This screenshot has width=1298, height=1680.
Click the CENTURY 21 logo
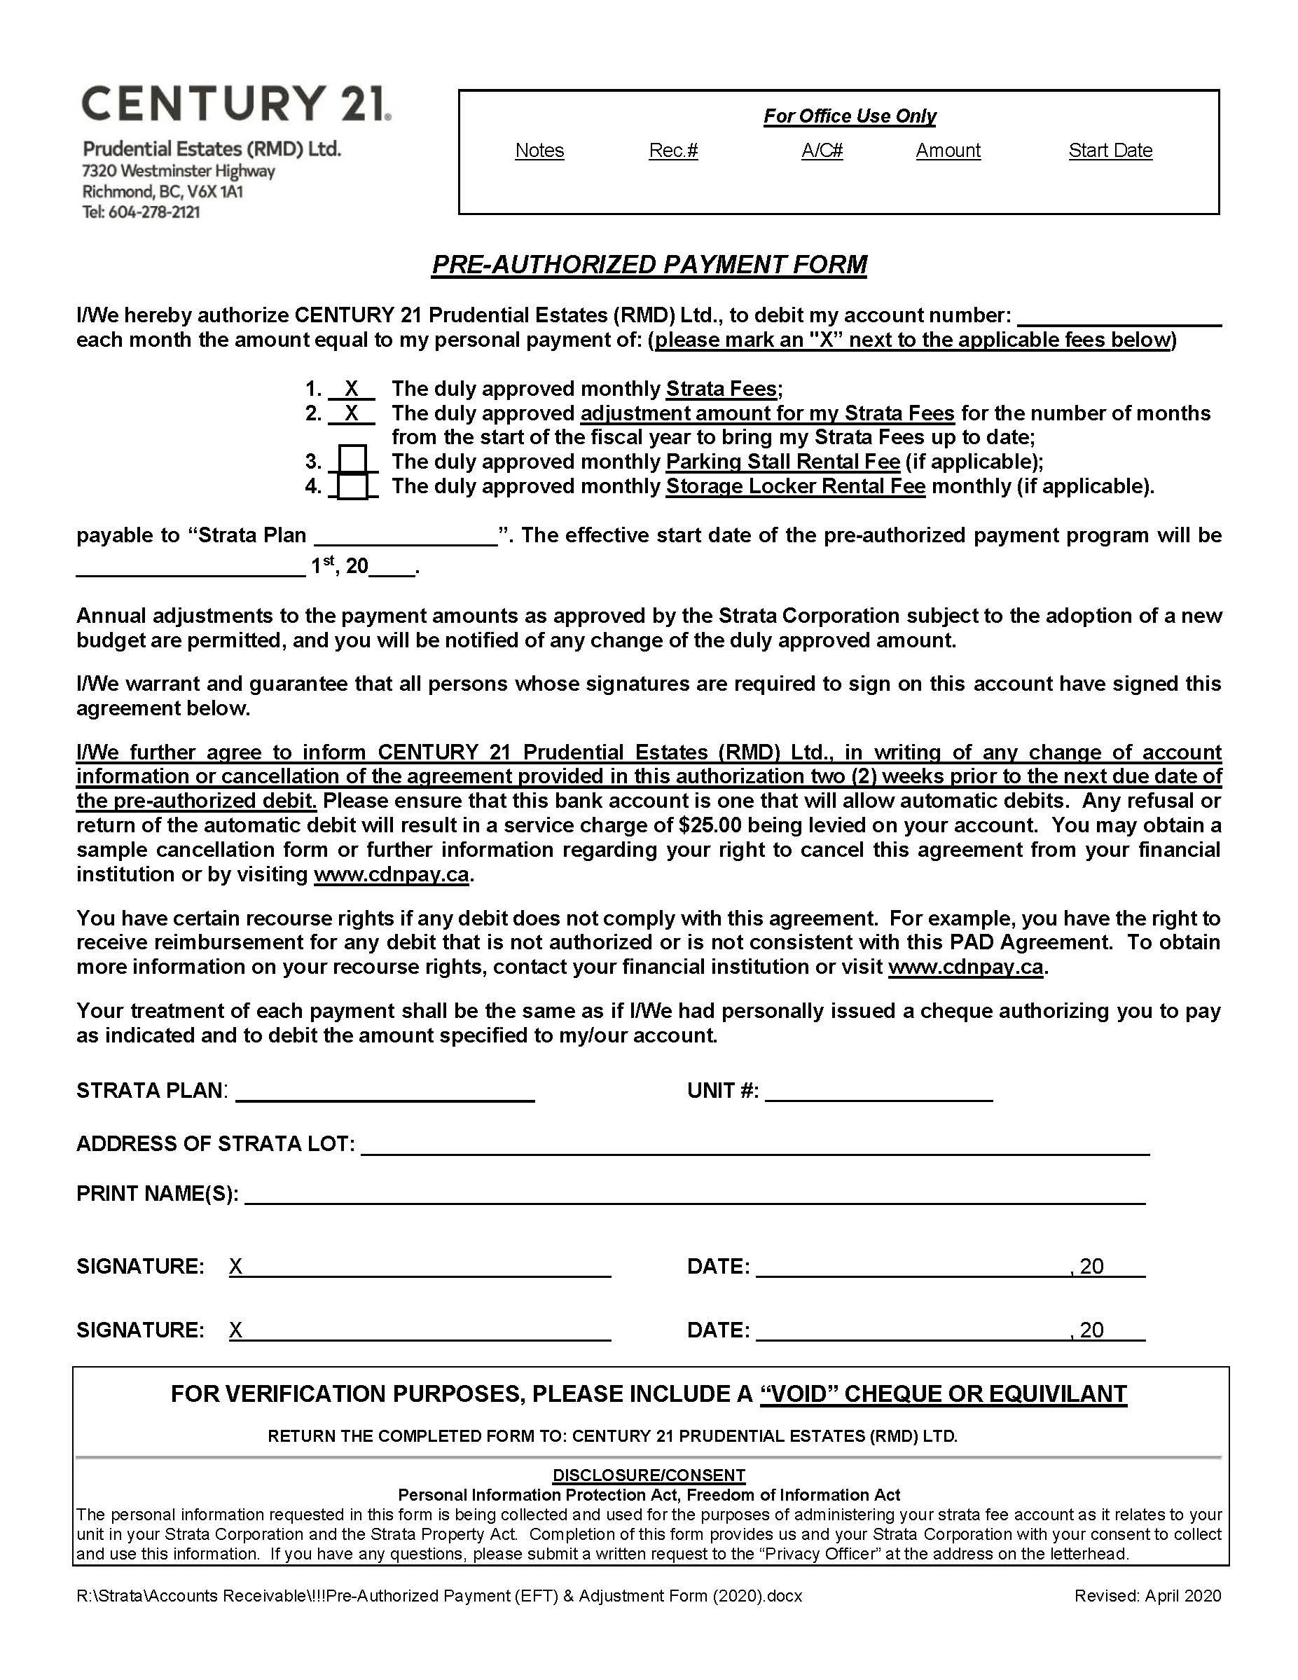pos(235,104)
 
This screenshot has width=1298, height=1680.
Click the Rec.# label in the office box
pos(673,150)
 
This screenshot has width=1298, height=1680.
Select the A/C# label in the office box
pos(821,150)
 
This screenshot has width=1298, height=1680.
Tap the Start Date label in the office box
pos(1110,150)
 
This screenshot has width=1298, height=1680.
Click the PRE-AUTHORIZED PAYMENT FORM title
pos(649,264)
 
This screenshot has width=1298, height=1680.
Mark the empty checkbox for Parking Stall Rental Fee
pos(352,461)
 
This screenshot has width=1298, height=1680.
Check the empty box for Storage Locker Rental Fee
pos(352,486)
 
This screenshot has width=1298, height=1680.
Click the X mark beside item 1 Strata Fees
pos(352,388)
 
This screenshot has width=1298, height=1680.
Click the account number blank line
pos(1119,317)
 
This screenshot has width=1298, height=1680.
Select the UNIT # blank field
pos(878,1091)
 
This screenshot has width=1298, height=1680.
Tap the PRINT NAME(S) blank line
pos(694,1194)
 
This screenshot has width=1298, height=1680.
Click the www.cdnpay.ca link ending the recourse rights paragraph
pos(965,967)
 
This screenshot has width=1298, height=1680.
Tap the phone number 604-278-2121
pos(154,212)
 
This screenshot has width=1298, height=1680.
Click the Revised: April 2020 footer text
pos(1147,1595)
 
